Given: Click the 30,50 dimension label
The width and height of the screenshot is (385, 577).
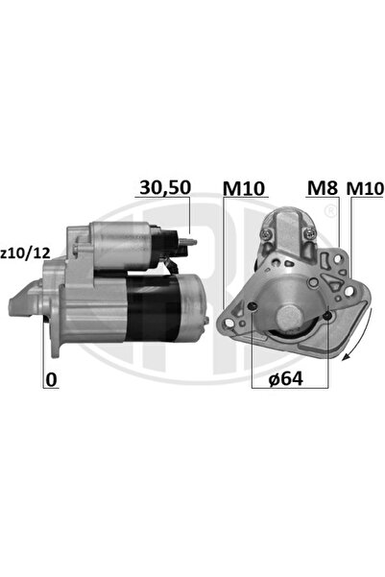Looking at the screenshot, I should (164, 187).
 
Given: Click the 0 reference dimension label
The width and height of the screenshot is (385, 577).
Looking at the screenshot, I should (49, 380).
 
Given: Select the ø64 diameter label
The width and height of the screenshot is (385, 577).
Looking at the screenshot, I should (285, 379).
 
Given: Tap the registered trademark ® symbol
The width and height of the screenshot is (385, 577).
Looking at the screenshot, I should (330, 210).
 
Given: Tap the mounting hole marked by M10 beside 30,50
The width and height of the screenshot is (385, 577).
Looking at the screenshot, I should (251, 307).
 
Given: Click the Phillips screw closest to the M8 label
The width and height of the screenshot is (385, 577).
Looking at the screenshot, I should (309, 233).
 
